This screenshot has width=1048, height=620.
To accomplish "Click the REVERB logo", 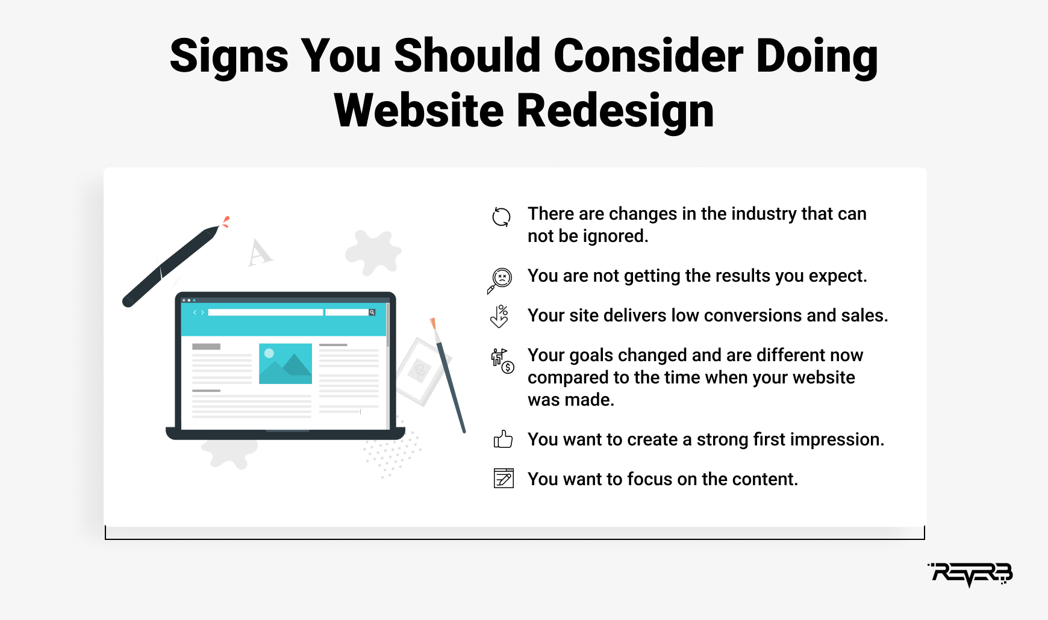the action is tap(970, 574).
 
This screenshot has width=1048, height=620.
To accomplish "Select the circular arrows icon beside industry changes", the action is tap(501, 217).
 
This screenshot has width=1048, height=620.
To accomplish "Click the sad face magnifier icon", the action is tap(500, 280).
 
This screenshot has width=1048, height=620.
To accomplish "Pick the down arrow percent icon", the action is tap(500, 316).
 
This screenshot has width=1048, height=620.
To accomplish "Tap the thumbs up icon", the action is tap(503, 439).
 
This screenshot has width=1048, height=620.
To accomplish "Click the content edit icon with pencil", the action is tap(504, 478).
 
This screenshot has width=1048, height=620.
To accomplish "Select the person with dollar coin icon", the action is tap(502, 361).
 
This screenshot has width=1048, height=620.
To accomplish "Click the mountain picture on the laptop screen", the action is tap(285, 364).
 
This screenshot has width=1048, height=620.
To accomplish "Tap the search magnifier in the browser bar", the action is tap(372, 312).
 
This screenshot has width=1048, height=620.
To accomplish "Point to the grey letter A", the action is tap(260, 252).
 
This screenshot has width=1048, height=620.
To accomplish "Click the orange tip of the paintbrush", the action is tap(432, 323).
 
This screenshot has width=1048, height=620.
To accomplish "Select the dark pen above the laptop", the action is tap(171, 265).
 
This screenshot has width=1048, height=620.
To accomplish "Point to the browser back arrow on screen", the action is tap(195, 312).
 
